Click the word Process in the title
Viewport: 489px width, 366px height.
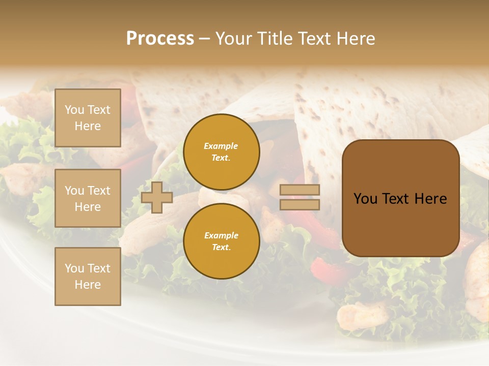(160, 39)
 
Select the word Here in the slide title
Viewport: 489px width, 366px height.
(356, 39)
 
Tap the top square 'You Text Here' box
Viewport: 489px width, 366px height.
(88, 118)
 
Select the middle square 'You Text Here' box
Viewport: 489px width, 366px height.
(88, 198)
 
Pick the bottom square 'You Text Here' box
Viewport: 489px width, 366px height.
(88, 277)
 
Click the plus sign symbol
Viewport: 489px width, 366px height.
(157, 197)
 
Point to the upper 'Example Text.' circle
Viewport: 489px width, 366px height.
(221, 151)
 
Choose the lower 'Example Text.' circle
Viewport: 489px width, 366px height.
(221, 241)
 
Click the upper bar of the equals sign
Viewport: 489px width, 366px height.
(300, 190)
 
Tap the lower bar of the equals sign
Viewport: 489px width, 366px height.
(300, 204)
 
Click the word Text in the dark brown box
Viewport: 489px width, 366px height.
(400, 199)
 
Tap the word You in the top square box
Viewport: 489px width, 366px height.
(74, 110)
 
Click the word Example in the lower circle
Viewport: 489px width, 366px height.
(221, 235)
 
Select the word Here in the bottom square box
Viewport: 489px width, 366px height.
(88, 285)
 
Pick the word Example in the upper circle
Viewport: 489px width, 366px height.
(221, 146)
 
